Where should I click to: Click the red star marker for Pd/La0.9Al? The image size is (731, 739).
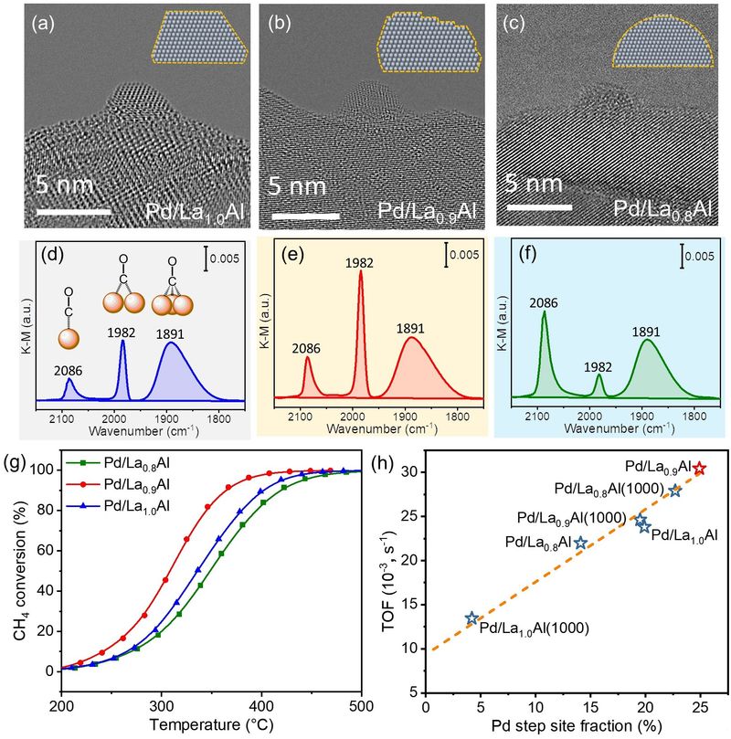[700, 469]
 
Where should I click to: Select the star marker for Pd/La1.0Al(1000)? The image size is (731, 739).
[471, 618]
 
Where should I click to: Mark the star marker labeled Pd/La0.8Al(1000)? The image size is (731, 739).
[675, 491]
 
